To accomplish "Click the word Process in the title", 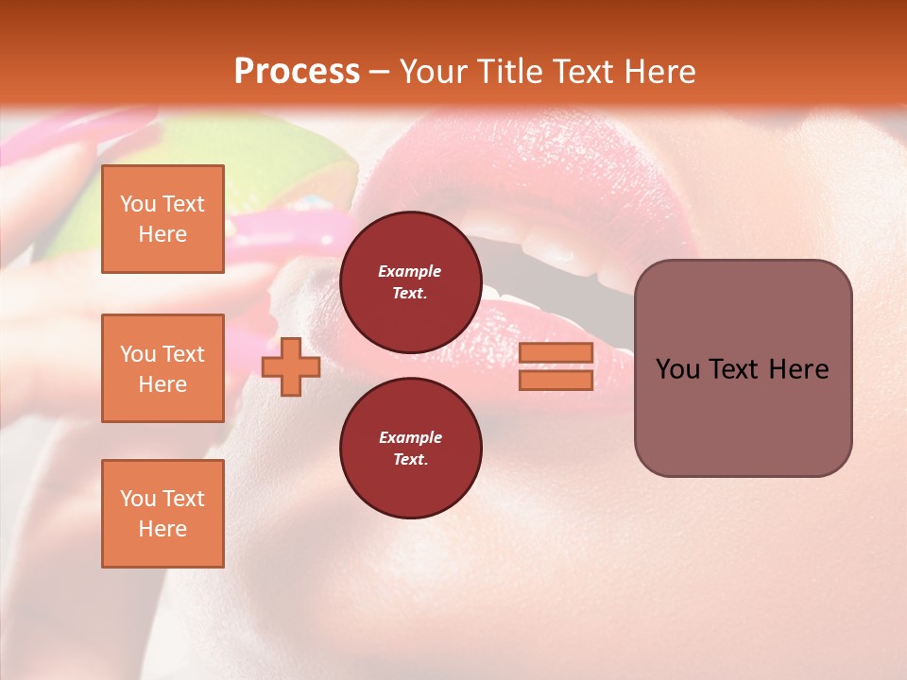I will [297, 72].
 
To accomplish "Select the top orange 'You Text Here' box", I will [163, 219].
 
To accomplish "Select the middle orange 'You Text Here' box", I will [163, 368].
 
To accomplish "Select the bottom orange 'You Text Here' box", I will [163, 514].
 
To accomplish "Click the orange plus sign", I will [291, 365].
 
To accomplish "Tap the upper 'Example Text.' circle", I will [410, 281].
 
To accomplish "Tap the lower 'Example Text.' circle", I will [410, 448].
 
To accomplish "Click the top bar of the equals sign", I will [556, 352].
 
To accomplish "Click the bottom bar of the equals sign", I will [556, 380].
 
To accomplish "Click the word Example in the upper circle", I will [410, 271].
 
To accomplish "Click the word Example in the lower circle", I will [410, 437].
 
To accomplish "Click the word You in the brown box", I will [678, 369].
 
